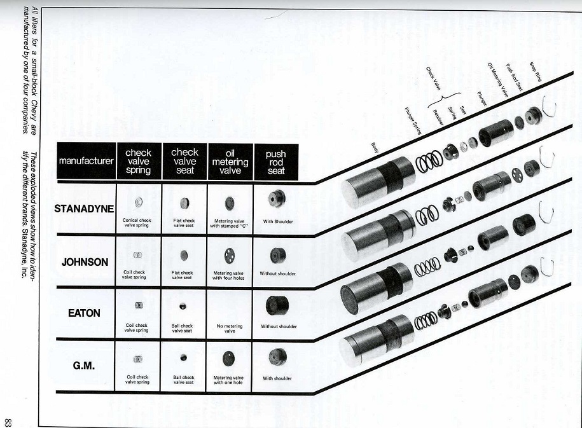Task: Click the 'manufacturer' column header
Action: [87, 161]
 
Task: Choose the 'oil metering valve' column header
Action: [230, 162]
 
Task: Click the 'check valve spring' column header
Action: [138, 162]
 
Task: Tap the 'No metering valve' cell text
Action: [230, 328]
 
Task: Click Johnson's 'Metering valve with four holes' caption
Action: [230, 276]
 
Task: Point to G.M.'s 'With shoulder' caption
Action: [277, 378]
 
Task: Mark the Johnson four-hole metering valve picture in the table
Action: [230, 256]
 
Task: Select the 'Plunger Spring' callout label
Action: [414, 120]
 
